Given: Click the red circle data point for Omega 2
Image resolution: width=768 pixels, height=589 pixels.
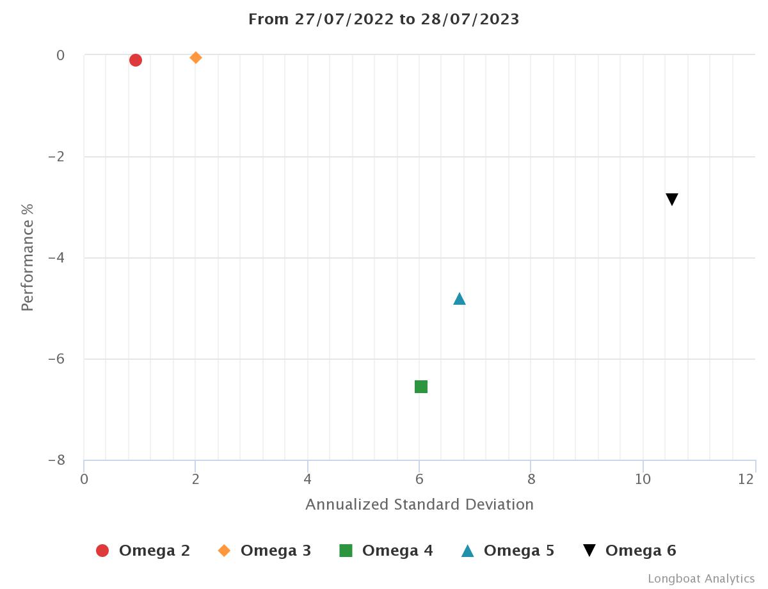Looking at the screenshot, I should [x=135, y=60].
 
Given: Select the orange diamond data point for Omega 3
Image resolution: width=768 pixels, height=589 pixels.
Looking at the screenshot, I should [x=196, y=58].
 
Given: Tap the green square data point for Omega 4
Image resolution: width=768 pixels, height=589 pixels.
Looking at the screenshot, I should [x=421, y=387].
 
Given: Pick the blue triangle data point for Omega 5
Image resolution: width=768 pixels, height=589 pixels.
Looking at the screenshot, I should [x=459, y=299].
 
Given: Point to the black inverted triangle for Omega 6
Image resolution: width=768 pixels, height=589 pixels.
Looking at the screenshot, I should [x=671, y=199].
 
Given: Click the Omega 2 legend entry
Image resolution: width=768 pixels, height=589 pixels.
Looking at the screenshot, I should [x=143, y=551].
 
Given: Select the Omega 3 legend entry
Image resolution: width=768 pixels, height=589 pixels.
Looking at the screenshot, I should [x=264, y=551].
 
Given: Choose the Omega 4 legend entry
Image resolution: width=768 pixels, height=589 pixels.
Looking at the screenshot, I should [x=386, y=551].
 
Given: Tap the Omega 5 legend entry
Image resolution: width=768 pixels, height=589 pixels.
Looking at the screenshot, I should [x=508, y=551].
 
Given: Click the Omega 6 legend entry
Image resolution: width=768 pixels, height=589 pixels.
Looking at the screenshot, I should [x=629, y=551].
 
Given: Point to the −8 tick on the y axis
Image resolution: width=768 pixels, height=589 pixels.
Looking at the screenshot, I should [x=56, y=460].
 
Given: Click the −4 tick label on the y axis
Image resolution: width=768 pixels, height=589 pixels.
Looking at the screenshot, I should [x=56, y=258].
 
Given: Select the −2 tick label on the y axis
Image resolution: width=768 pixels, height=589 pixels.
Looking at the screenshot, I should [x=56, y=157].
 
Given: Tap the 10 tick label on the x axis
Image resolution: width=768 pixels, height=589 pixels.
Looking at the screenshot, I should [x=643, y=480].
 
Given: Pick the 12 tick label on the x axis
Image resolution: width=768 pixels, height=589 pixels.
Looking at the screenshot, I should [x=746, y=480].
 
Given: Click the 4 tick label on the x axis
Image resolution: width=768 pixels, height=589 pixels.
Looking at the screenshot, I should [x=308, y=480].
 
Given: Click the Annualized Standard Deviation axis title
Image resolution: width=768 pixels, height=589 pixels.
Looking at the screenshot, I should [x=419, y=504].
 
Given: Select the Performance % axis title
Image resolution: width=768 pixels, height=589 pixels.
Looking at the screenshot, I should [x=27, y=257].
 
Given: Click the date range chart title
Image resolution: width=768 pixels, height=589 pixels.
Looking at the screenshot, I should [x=384, y=19].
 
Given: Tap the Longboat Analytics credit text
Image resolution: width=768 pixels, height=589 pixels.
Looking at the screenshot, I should [x=701, y=579].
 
